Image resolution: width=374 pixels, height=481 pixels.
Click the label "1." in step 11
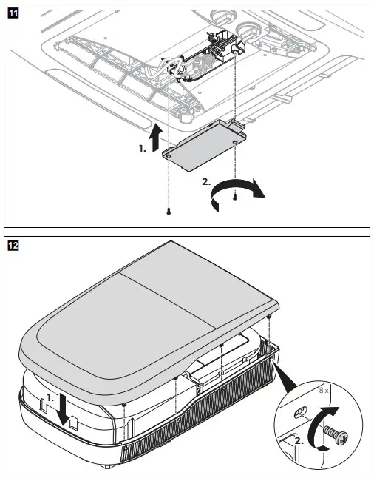(142, 149)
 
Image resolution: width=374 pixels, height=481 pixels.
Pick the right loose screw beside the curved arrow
(235, 196)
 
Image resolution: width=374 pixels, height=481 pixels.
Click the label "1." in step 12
(50, 397)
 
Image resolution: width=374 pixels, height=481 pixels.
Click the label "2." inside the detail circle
(299, 441)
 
